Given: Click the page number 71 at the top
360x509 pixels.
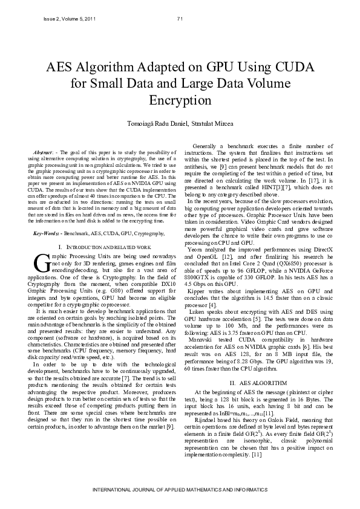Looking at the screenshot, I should (x=180, y=19).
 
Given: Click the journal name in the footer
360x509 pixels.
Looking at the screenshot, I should (x=180, y=488).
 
